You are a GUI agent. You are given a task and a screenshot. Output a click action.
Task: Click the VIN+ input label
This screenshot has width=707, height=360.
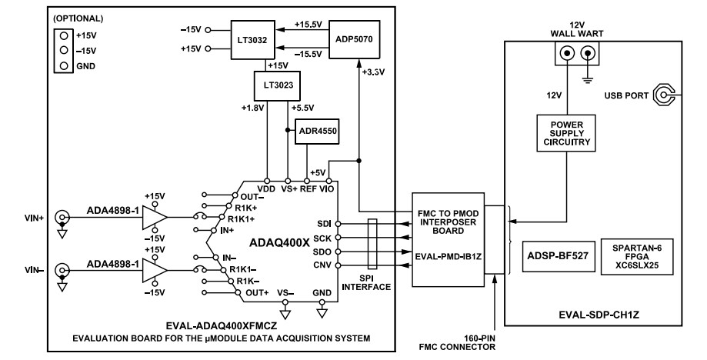pyautogui.click(x=30, y=218)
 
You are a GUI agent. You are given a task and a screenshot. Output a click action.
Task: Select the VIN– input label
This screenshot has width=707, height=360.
pyautogui.click(x=30, y=269)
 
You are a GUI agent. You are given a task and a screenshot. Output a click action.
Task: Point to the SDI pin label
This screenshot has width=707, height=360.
pyautogui.click(x=324, y=223)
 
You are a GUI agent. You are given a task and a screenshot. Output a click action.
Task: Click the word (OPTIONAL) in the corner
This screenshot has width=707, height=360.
pyautogui.click(x=80, y=17)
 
